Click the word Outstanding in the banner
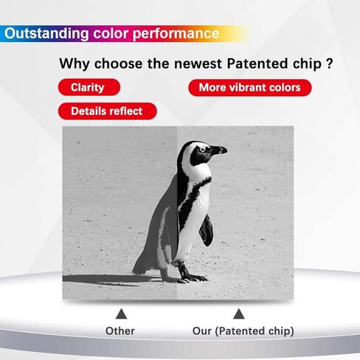pyautogui.click(x=46, y=33)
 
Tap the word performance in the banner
pyautogui.click(x=176, y=34)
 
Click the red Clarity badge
pyautogui.click(x=89, y=87)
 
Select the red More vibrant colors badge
pyautogui.click(x=250, y=88)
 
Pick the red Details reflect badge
pyautogui.click(x=107, y=111)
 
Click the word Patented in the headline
pyautogui.click(x=257, y=63)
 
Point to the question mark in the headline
pyautogui.click(x=329, y=63)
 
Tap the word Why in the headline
pyautogui.click(x=75, y=64)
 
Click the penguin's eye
pyautogui.click(x=202, y=149)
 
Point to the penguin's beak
pyautogui.click(x=219, y=150)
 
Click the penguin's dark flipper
pyautogui.click(x=207, y=230)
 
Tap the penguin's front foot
pyautogui.click(x=193, y=277)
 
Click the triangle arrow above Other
pyautogui.click(x=121, y=314)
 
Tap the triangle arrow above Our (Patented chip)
pyautogui.click(x=239, y=314)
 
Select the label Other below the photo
pyautogui.click(x=120, y=331)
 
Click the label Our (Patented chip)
pyautogui.click(x=243, y=331)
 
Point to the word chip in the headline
pyautogui.click(x=307, y=64)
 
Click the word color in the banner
pyautogui.click(x=111, y=33)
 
